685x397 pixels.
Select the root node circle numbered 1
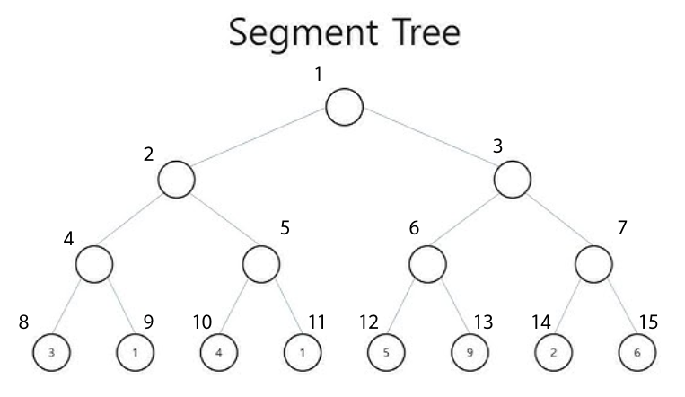coord(344,107)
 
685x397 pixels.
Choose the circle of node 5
coord(260,264)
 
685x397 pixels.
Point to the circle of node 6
coord(427,264)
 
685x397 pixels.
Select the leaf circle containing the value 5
coord(386,351)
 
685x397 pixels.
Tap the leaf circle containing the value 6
coord(637,351)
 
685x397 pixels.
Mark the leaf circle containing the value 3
coord(51,351)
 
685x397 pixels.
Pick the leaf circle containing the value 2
coord(553,351)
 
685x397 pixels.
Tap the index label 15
coord(649,320)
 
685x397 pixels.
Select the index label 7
coord(621,228)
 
